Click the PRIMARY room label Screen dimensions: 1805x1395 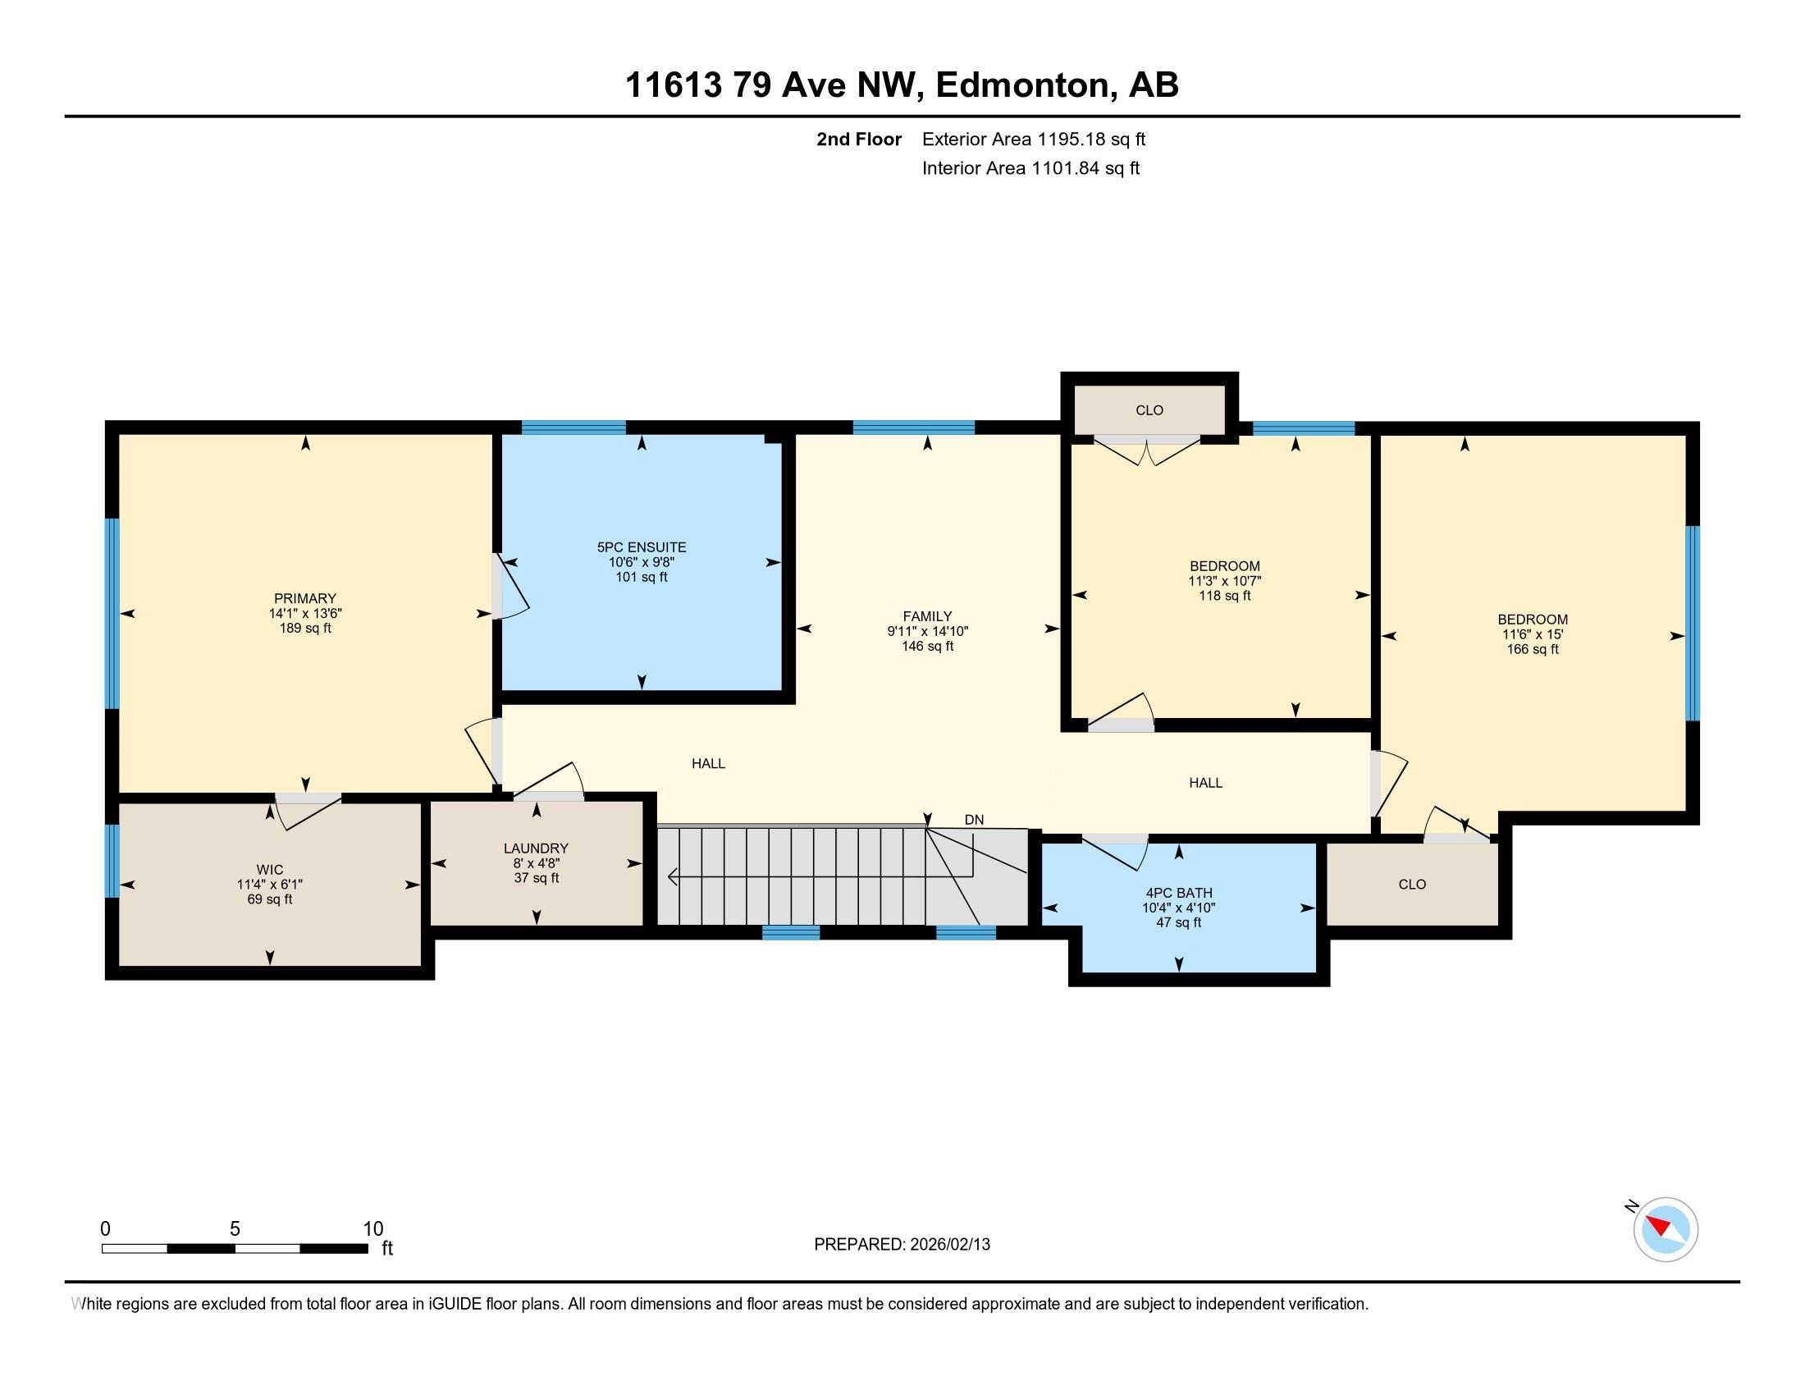tap(305, 598)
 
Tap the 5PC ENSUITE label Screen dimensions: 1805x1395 tap(642, 547)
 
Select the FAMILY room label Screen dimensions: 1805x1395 tap(927, 616)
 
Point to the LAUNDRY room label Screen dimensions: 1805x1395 tap(537, 848)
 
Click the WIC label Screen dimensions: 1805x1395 tap(269, 869)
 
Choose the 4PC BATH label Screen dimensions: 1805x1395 tap(1178, 894)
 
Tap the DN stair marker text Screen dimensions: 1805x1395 tap(975, 820)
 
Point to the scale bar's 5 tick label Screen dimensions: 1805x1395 tap(235, 1229)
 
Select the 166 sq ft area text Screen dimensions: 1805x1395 tap(1533, 650)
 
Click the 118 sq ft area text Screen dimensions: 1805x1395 tap(1225, 596)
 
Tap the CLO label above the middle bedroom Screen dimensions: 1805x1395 tap(1149, 410)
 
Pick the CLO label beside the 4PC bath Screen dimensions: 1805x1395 tap(1412, 885)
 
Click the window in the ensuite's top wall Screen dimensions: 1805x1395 tap(573, 428)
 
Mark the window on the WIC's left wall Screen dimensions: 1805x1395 tap(112, 860)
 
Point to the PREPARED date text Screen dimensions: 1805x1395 tap(902, 1245)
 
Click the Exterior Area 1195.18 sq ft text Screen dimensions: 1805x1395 tap(1034, 139)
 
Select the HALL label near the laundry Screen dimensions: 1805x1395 tap(708, 764)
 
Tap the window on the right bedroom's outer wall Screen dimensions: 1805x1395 tap(1693, 623)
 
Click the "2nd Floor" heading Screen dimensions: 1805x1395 tap(859, 139)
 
